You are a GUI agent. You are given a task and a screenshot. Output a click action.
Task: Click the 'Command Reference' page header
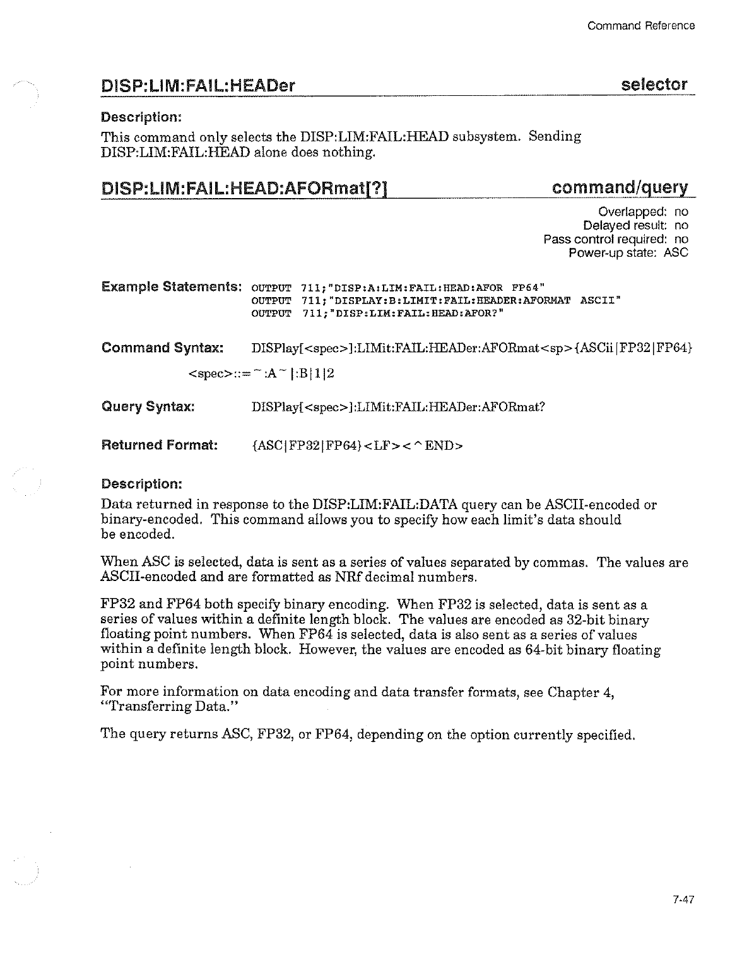(x=640, y=26)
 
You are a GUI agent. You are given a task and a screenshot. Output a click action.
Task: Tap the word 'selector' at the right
(x=654, y=85)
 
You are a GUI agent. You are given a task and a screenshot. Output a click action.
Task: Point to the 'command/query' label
(x=619, y=188)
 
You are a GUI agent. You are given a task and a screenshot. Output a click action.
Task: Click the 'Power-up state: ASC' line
(x=628, y=253)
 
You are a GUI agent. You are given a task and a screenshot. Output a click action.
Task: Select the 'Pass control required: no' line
(x=615, y=239)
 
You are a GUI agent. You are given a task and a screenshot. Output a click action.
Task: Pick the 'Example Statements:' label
(x=172, y=287)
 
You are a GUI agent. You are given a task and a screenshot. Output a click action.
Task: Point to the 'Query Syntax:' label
(x=148, y=406)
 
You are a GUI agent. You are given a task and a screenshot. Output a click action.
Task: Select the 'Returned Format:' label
(x=160, y=445)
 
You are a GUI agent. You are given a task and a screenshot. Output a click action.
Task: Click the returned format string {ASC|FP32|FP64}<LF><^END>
(x=356, y=446)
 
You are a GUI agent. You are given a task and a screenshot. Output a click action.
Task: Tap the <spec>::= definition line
(x=261, y=374)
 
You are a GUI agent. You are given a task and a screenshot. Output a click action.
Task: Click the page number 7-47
(x=683, y=901)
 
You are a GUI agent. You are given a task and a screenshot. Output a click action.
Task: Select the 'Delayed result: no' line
(x=635, y=225)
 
